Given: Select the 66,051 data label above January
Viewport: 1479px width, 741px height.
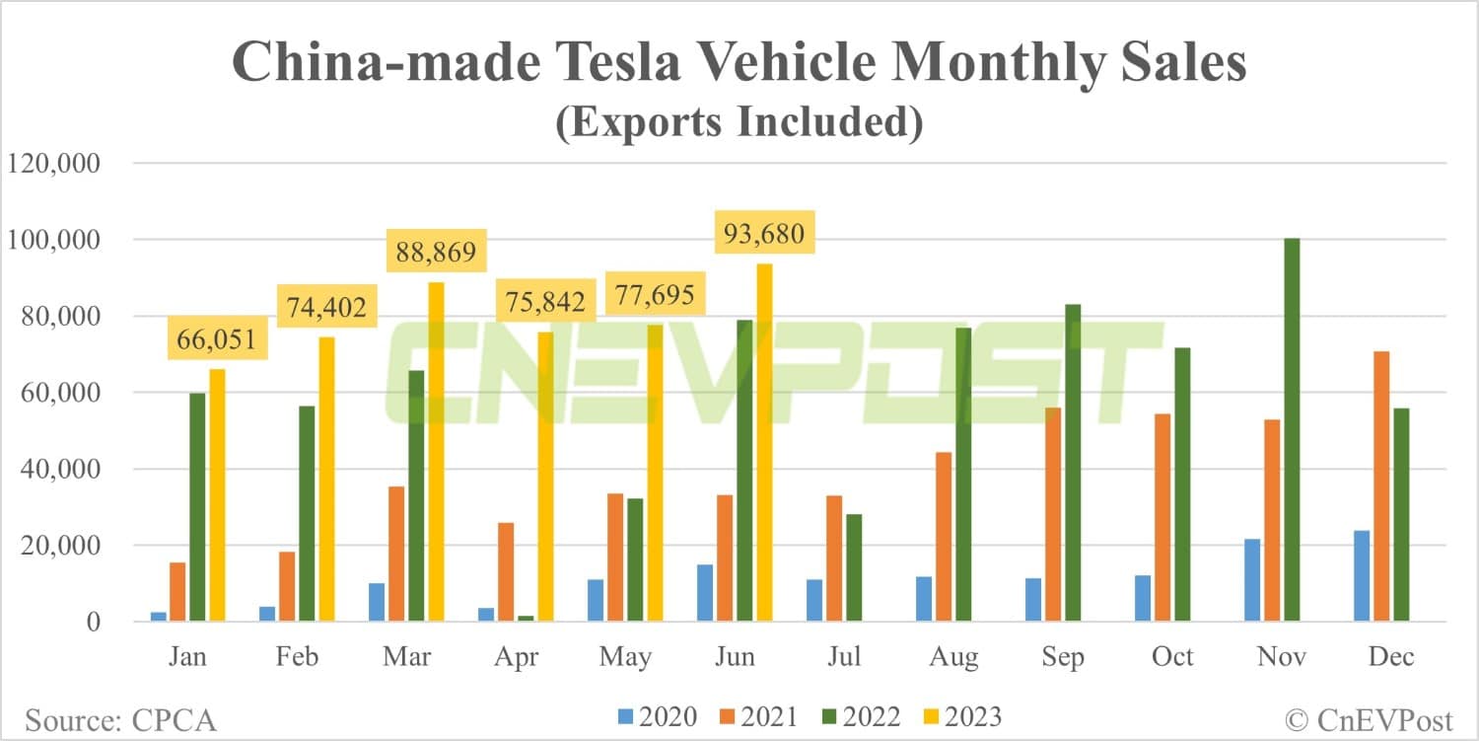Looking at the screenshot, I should pos(217,340).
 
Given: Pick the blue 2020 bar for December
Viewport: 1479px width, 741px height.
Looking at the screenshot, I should pos(1362,576).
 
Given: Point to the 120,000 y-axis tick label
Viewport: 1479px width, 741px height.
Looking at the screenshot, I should pos(53,164).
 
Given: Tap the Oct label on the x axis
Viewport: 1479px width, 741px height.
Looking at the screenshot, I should pos(1172,657).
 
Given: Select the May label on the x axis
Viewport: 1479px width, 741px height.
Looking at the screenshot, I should pos(625,657).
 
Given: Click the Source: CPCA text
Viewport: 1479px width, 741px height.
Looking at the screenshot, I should pos(120,719).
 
